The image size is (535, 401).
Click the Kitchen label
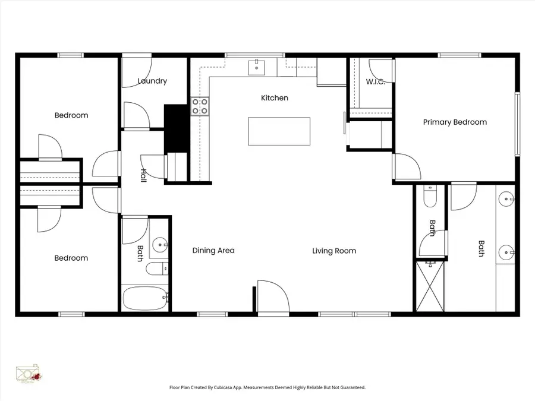click(x=275, y=97)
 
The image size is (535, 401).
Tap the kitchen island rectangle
click(x=279, y=131)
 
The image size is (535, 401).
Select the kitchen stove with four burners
click(x=200, y=106)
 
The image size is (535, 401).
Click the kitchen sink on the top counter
click(x=256, y=67)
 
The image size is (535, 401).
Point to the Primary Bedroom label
click(x=455, y=122)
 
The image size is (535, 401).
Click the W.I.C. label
click(x=375, y=81)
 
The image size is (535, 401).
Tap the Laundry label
click(x=152, y=81)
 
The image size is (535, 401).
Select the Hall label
click(x=143, y=176)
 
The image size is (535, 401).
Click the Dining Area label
click(x=213, y=251)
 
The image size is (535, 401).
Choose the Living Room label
click(x=334, y=251)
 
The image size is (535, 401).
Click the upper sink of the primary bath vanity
click(x=506, y=198)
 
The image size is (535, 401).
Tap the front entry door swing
click(x=273, y=296)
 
